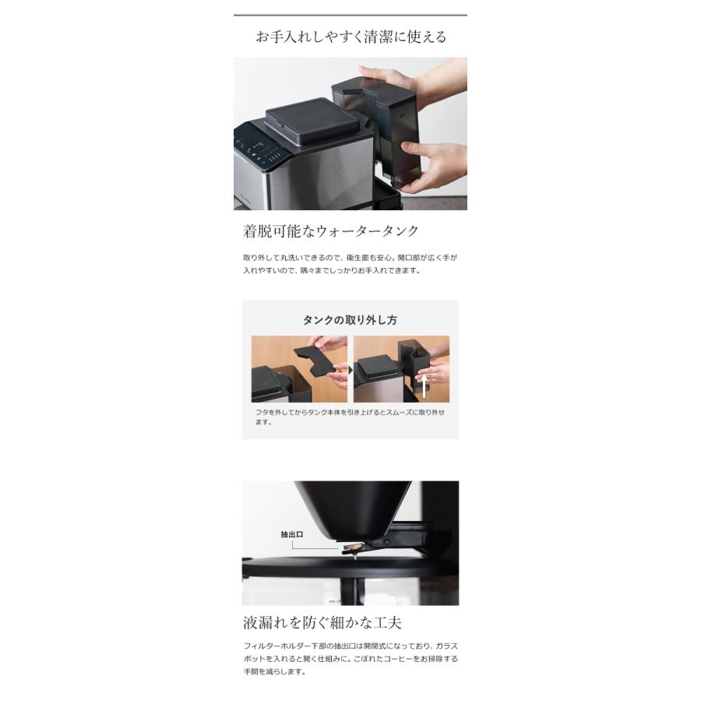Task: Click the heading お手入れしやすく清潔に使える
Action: click(x=350, y=37)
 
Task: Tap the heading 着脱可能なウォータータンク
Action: click(x=331, y=231)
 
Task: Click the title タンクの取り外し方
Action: click(x=350, y=320)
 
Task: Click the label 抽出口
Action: click(x=291, y=534)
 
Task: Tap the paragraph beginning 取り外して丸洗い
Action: click(x=350, y=264)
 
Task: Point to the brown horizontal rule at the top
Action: click(x=350, y=15)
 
